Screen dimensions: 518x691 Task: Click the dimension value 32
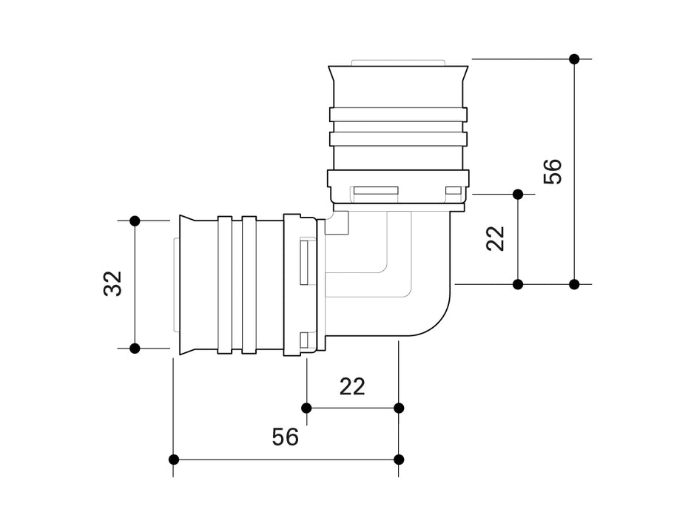(x=112, y=283)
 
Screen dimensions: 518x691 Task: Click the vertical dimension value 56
(x=553, y=172)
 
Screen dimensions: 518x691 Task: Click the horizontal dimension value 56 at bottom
(x=285, y=437)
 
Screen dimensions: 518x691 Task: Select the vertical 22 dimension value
(x=496, y=238)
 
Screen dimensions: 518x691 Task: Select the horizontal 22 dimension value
(x=352, y=386)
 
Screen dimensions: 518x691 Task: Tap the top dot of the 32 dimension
(x=135, y=221)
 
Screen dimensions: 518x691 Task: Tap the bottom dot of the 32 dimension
(x=135, y=348)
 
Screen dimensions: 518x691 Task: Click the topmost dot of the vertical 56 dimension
(x=574, y=58)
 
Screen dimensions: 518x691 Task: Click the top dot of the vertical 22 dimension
(x=518, y=194)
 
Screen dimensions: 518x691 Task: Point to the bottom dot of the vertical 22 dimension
(x=518, y=284)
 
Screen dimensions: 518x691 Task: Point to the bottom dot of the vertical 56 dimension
(x=574, y=284)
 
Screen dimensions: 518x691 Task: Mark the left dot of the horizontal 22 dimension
(x=306, y=408)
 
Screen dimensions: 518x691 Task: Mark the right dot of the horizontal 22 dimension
(x=399, y=408)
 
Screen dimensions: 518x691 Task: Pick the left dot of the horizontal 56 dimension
(x=174, y=460)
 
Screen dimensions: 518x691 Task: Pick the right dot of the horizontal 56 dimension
(x=399, y=460)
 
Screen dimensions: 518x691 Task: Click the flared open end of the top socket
(x=398, y=74)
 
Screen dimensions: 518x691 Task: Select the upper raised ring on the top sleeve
(x=398, y=114)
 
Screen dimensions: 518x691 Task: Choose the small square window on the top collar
(x=452, y=192)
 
